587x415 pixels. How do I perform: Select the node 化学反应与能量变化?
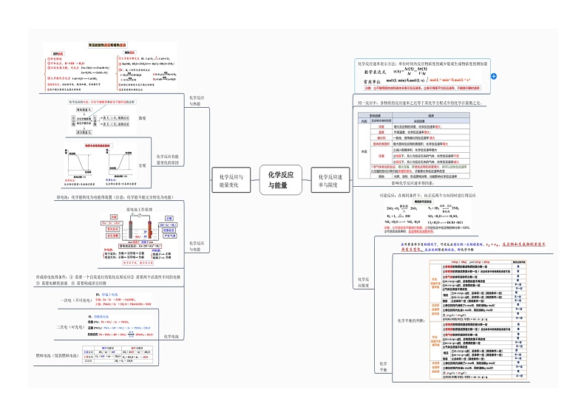[229, 181]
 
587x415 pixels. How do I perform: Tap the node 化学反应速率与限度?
[328, 181]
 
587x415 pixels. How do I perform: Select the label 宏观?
[142, 165]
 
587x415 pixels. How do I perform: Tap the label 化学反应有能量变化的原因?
[167, 160]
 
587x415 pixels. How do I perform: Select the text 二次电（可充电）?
[71, 326]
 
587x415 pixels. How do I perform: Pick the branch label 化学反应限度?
[362, 282]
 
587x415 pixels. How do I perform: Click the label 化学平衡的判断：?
[410, 320]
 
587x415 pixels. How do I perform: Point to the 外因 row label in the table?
[363, 151]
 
